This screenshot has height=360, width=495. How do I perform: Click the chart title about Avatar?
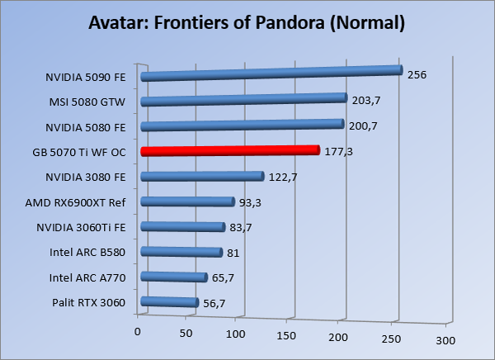tap(247, 22)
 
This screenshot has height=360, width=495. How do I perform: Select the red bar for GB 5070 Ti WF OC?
tap(229, 151)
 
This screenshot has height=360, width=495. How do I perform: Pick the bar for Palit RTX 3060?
tap(170, 302)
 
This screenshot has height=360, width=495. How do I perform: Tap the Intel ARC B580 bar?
tap(181, 252)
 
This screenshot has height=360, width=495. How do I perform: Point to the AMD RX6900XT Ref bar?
tap(188, 201)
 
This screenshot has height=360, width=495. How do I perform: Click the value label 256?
tap(417, 74)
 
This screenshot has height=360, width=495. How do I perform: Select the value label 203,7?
tap(365, 100)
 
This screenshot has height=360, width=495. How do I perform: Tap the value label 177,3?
tap(337, 151)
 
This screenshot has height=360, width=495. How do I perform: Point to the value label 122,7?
tap(282, 176)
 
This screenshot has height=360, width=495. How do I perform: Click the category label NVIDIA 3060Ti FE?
tap(82, 227)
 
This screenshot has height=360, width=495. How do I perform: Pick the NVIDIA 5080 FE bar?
tap(242, 126)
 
